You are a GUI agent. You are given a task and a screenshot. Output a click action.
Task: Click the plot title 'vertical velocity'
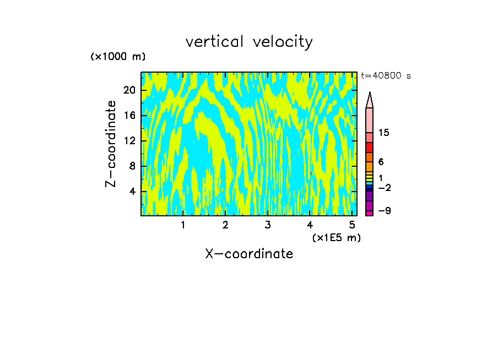[249, 42]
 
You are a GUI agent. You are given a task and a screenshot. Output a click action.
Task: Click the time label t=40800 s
[386, 76]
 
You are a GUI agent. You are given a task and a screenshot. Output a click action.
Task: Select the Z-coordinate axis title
[111, 144]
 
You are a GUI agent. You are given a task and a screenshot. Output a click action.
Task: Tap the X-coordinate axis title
[249, 254]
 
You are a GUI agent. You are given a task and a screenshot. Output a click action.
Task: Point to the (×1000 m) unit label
[118, 57]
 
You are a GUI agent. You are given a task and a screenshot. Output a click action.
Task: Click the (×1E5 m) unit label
[336, 237]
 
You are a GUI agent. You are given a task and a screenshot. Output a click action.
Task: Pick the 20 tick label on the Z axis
[129, 90]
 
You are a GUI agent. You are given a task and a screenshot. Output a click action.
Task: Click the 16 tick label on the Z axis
[129, 116]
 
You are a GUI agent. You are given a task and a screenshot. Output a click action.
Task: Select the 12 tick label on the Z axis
[129, 141]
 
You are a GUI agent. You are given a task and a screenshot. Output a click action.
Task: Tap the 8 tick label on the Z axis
[132, 166]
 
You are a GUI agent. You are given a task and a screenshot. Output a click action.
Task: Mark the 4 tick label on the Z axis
[132, 192]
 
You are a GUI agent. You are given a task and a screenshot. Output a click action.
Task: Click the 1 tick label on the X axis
[183, 225]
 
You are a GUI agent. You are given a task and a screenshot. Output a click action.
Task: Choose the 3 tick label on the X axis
[268, 225]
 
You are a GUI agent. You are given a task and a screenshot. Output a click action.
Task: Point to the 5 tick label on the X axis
[352, 225]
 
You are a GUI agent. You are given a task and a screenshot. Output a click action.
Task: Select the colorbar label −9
[384, 211]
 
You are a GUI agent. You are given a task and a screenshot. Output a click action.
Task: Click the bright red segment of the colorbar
[369, 148]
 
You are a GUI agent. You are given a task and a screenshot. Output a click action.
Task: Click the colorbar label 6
[381, 162]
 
